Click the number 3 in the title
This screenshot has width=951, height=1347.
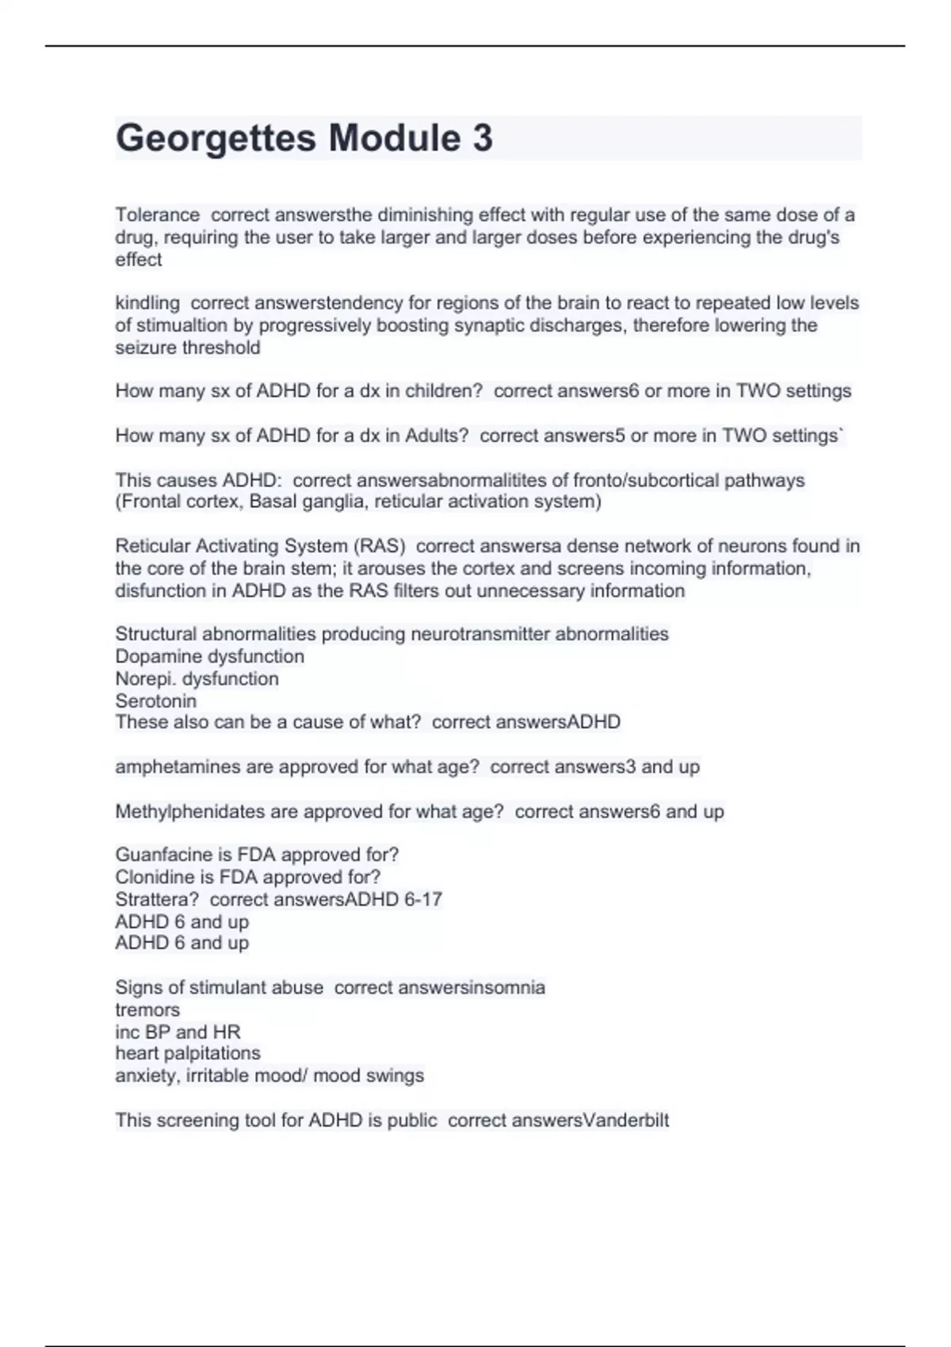(483, 139)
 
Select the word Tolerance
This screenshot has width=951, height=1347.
(157, 215)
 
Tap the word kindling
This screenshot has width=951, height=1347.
(147, 303)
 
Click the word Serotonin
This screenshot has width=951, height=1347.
(155, 700)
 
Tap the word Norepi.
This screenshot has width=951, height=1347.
(145, 678)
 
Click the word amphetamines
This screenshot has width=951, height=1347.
(178, 767)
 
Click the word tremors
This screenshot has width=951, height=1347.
(147, 1009)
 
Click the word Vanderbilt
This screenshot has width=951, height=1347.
(625, 1120)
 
